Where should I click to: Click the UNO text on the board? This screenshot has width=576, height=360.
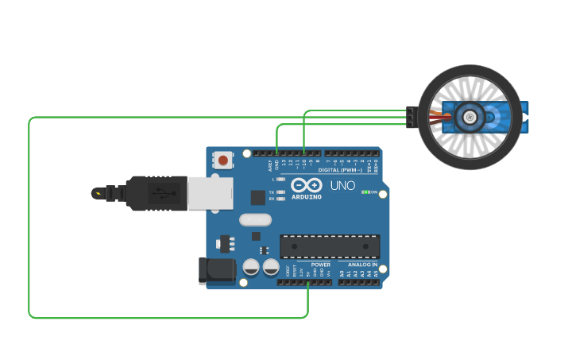coord(342,186)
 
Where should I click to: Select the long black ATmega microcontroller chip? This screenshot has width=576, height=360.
coord(330,246)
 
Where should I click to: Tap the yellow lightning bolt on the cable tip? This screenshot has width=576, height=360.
coord(97,193)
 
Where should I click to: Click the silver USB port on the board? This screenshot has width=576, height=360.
coord(211,193)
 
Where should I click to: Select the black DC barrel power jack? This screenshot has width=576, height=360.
coord(217,270)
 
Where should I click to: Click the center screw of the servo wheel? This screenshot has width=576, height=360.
coord(470,118)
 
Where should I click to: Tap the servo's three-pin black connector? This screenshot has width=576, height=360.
coord(410,118)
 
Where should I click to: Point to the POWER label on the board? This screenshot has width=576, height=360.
coord(320,265)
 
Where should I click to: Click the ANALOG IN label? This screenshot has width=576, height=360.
coord(362,265)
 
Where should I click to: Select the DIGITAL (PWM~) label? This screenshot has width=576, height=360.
coord(339,170)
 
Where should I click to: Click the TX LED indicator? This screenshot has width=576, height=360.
coord(280,192)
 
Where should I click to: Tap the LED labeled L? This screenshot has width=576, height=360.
coord(280,180)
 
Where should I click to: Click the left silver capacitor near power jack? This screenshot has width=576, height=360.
coord(251,267)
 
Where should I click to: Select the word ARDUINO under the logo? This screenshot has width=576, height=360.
coord(307,196)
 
